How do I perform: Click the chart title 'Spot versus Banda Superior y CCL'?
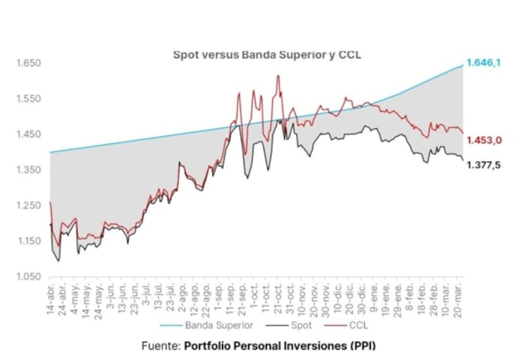pos(267,55)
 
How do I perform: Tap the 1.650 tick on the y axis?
pos(29,63)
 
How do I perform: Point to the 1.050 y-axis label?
pos(29,277)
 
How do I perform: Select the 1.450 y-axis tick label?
pos(29,135)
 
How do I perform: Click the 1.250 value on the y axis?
pos(29,206)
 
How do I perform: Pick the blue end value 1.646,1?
pos(483,63)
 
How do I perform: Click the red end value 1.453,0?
pos(484,140)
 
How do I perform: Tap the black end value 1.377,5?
pos(484,166)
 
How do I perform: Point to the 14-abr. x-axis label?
pos(52,300)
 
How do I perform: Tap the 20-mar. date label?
pos(460,300)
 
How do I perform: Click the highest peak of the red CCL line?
pos(278,76)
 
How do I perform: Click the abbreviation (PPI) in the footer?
pos(363,345)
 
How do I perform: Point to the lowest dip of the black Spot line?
pos(59,261)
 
